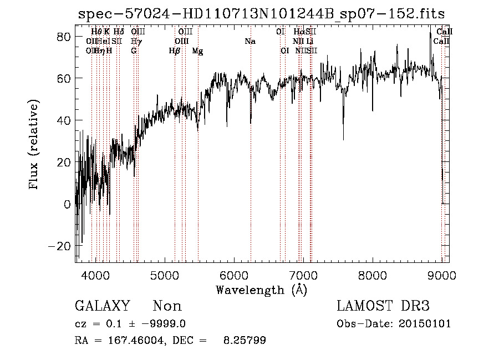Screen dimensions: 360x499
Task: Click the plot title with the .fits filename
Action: (261, 13)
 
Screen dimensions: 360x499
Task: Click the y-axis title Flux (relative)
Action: (34, 145)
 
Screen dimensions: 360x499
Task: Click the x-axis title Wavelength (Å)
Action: (261, 290)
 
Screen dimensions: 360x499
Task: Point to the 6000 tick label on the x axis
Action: (233, 276)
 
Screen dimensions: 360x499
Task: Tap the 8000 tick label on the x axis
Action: (372, 276)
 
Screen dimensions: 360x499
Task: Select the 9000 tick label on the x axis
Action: (441, 276)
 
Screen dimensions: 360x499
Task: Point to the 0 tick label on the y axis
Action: (67, 204)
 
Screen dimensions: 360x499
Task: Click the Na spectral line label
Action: (250, 41)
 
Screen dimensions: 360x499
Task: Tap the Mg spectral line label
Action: (197, 51)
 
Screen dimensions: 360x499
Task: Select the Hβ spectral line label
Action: (175, 51)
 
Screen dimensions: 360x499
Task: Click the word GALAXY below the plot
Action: (103, 306)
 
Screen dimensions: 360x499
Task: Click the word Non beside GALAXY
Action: (167, 306)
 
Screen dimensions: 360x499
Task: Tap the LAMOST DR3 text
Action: (383, 306)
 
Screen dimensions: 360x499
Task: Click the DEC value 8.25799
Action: (244, 341)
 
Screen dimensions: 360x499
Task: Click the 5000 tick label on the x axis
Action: (164, 276)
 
